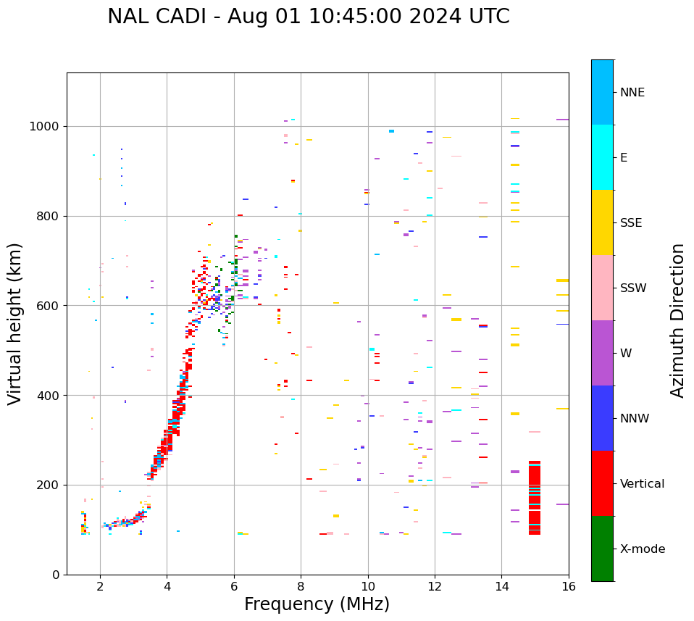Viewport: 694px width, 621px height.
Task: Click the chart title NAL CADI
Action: tap(308, 17)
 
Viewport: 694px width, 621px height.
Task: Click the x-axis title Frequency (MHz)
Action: tap(317, 604)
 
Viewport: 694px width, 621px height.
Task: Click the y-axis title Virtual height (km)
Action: tap(15, 323)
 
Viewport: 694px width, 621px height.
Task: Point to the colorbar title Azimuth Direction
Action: tap(677, 320)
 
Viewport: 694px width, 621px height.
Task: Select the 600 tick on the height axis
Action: tap(48, 306)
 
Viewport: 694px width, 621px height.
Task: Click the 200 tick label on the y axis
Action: tap(48, 485)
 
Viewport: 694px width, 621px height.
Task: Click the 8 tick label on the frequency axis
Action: tap(301, 586)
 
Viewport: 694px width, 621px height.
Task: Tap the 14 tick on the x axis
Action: tap(502, 586)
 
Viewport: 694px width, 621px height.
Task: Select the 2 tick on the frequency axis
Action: tap(100, 586)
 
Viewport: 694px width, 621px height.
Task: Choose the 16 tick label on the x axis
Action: tap(569, 586)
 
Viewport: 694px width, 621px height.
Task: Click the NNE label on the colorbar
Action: tap(632, 93)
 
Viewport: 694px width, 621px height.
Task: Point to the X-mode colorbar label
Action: tap(642, 549)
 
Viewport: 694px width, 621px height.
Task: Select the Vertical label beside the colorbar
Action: tap(642, 484)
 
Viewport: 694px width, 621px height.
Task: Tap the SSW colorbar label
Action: tap(633, 288)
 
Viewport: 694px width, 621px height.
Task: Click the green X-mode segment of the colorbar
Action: tap(602, 549)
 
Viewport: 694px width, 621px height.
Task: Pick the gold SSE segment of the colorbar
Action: tap(602, 222)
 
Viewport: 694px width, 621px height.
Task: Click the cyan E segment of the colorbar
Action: tap(602, 157)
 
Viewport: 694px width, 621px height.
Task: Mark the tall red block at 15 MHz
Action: tap(535, 498)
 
